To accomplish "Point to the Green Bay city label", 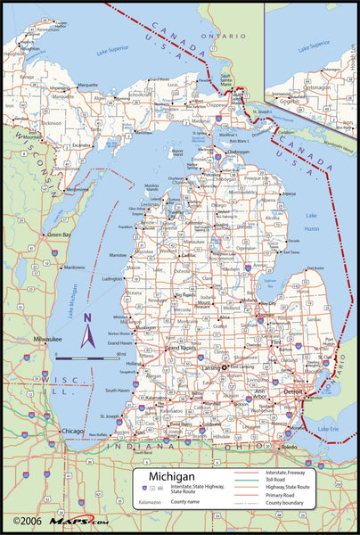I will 60,235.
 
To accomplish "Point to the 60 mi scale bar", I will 90,356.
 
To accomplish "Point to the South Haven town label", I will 118,391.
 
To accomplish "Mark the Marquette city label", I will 87,85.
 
